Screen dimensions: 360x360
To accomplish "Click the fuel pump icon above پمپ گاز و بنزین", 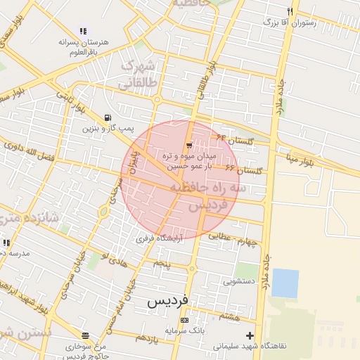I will pyautogui.click(x=107, y=117).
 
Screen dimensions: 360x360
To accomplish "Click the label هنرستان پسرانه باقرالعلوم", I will pyautogui.click(x=83, y=47).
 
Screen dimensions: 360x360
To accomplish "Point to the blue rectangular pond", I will pyautogui.click(x=285, y=283).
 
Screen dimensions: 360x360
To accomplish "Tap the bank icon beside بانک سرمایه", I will pyautogui.click(x=184, y=320).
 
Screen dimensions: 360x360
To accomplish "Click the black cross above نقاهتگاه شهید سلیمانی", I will pyautogui.click(x=250, y=335).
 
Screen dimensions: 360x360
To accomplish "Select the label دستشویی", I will pyautogui.click(x=238, y=281).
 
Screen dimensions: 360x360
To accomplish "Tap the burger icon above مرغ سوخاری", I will pyautogui.click(x=85, y=335).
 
